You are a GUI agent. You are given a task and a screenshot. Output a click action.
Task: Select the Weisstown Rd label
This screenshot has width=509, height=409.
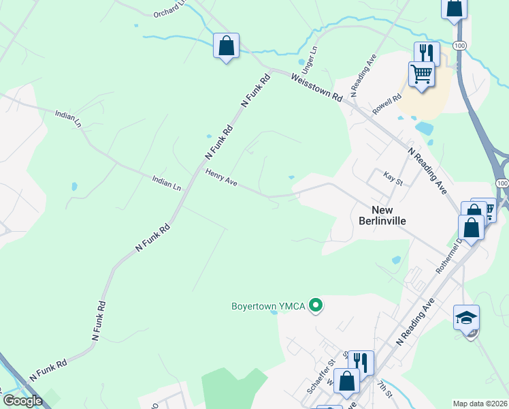point(316,87)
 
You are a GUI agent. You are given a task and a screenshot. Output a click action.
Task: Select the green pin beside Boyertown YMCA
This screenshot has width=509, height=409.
point(315,305)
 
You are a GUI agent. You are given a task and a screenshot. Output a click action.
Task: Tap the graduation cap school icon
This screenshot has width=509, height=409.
point(466,317)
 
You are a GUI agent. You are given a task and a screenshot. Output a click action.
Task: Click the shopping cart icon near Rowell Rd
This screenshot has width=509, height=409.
point(421,73)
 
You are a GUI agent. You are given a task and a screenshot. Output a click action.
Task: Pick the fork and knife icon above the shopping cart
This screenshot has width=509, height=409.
point(427,53)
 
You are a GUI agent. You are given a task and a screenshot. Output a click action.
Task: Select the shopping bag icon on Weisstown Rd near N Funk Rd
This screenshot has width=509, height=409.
point(226,46)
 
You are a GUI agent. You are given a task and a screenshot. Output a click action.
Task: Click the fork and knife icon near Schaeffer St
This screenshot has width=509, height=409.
point(361,362)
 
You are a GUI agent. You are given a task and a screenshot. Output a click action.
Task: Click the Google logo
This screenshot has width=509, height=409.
point(22,401)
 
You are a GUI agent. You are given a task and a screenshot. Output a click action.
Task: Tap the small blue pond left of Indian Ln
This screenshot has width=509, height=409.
point(73,185)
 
